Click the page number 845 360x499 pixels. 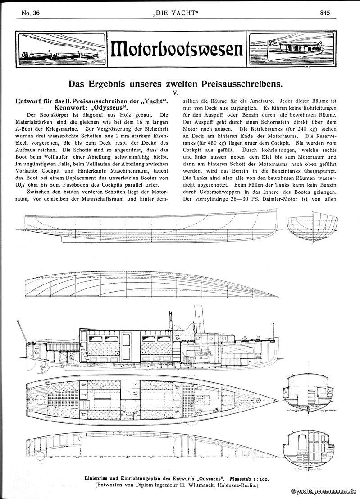325,13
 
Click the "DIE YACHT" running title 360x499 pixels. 180,13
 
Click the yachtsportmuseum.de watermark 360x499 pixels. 324,492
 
